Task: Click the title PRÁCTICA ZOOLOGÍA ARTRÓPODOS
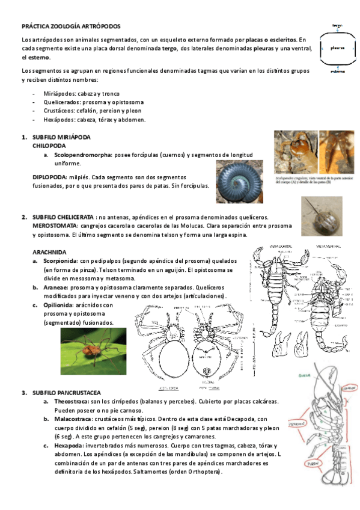[x=71, y=27]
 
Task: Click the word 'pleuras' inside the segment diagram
[x=338, y=48]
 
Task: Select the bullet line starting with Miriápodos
[x=81, y=94]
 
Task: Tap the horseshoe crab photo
[x=322, y=216]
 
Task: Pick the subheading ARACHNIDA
[x=49, y=252]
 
